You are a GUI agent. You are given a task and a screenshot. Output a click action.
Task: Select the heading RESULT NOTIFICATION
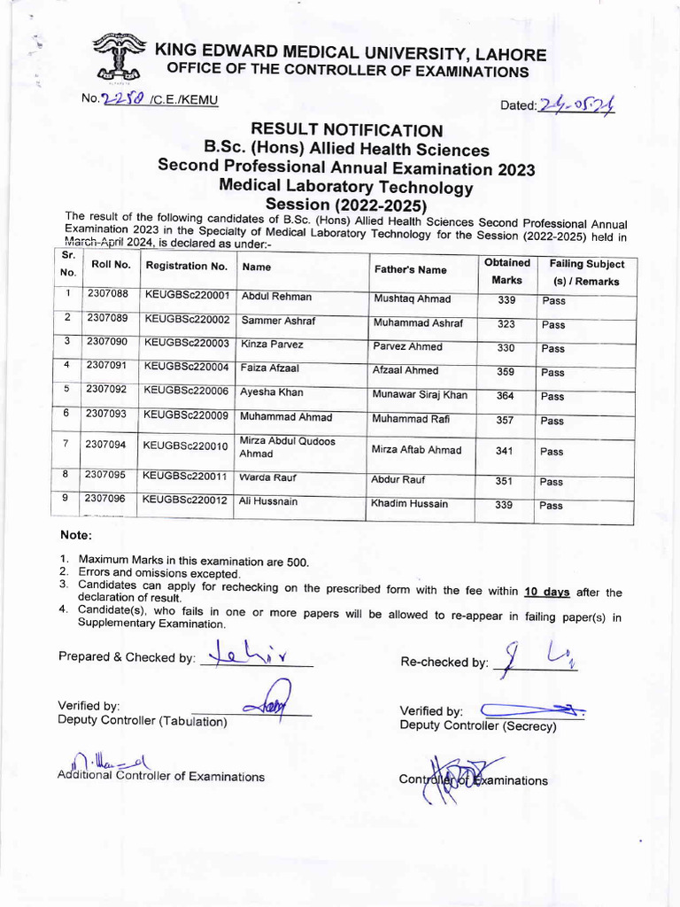(346, 132)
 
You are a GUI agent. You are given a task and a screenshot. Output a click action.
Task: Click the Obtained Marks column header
(507, 271)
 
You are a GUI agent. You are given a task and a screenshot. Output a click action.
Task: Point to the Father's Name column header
(410, 269)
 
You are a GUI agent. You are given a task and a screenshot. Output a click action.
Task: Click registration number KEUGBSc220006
(186, 390)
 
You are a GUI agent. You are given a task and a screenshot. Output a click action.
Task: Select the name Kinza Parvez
(272, 345)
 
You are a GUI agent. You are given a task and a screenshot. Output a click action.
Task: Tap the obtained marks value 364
(505, 396)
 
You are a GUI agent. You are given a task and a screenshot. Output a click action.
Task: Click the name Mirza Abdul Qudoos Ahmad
(287, 447)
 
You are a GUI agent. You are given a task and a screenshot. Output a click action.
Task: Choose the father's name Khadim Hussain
(410, 504)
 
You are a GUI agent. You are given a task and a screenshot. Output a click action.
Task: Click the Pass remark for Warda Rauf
(552, 482)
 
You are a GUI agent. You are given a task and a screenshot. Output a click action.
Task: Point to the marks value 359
(505, 372)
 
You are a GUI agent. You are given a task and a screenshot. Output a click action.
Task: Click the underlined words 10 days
(546, 592)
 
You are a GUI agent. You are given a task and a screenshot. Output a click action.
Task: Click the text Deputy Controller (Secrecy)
(478, 726)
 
